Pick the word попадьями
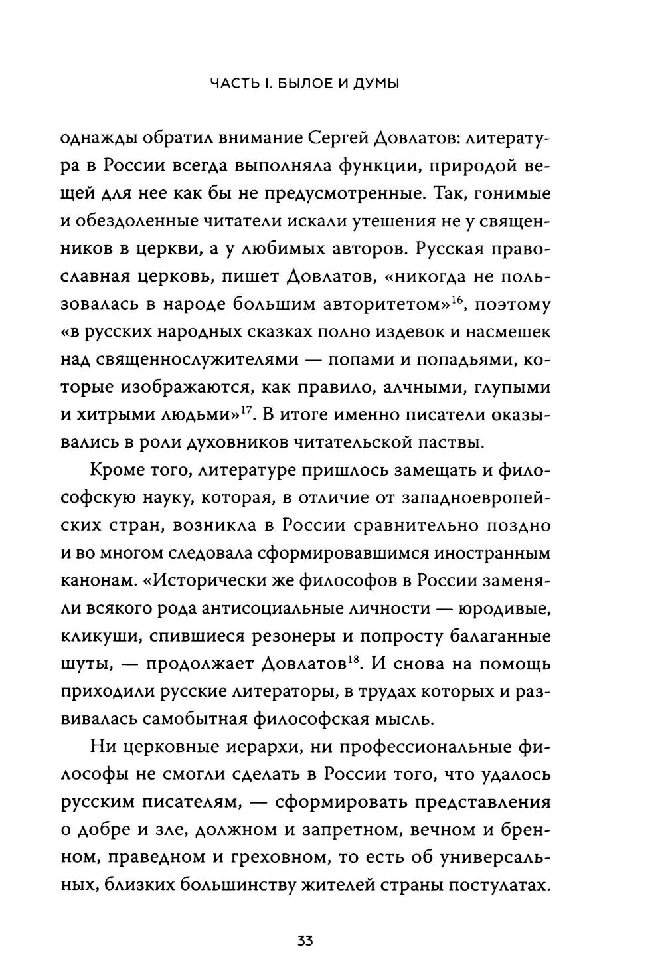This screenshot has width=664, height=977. [462, 359]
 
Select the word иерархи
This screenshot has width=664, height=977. [280, 748]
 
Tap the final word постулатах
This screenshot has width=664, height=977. [501, 887]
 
